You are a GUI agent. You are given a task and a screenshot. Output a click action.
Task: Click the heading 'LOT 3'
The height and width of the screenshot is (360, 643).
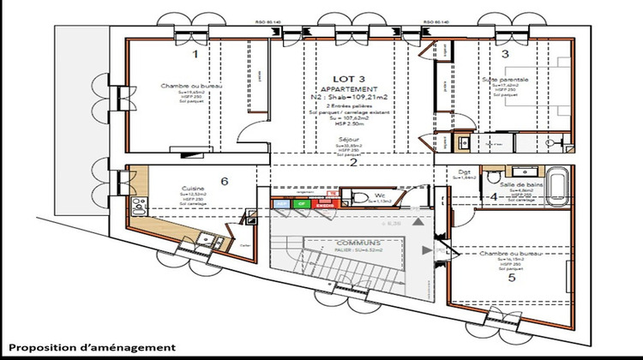pyautogui.click(x=347, y=78)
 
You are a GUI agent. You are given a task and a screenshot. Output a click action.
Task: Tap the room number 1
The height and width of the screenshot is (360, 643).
pyautogui.click(x=195, y=54)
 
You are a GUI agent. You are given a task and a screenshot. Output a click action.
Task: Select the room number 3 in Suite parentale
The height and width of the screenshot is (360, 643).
pyautogui.click(x=505, y=54)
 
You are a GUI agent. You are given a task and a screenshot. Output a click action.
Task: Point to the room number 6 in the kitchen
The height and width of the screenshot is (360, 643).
pyautogui.click(x=225, y=181)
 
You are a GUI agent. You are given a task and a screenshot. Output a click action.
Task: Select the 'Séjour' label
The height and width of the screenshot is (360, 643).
pyautogui.click(x=348, y=138)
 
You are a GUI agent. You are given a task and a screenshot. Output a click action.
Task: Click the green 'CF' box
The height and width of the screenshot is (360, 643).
pyautogui.click(x=301, y=204)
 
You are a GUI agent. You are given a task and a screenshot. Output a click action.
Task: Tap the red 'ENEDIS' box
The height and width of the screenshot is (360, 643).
pyautogui.click(x=324, y=204)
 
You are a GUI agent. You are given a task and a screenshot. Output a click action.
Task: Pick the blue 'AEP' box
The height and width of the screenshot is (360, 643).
pyautogui.click(x=280, y=204)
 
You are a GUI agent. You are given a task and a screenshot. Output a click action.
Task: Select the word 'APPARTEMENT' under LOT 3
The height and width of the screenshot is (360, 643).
pyautogui.click(x=347, y=88)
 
